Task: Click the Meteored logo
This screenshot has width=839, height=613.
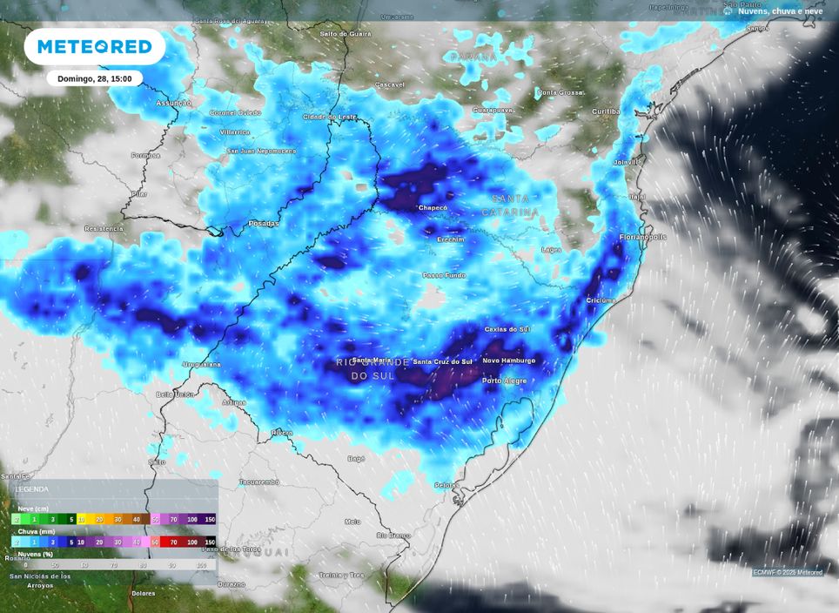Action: click(x=94, y=47)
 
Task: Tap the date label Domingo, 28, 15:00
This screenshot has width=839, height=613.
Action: click(x=94, y=78)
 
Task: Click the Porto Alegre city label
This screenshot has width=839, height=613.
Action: click(x=504, y=381)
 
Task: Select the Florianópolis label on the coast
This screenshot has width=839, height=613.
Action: click(x=643, y=236)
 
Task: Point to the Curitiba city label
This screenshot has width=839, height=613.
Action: click(x=606, y=111)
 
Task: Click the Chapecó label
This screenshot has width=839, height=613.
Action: click(x=433, y=208)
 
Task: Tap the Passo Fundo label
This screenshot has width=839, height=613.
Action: click(x=444, y=275)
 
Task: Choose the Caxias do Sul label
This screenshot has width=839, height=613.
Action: click(x=507, y=329)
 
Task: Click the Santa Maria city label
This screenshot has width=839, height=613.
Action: click(x=372, y=360)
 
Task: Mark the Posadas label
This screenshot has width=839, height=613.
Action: click(x=264, y=224)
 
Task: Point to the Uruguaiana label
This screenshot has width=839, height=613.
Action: click(x=201, y=364)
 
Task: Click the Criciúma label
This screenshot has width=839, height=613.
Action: click(x=601, y=300)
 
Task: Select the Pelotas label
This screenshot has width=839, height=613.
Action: click(x=446, y=484)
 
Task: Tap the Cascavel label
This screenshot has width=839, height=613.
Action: click(x=389, y=84)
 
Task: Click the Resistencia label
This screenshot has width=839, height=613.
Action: click(x=104, y=228)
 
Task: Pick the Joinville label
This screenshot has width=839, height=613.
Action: click(x=626, y=162)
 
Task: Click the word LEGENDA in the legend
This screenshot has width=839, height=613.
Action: click(x=33, y=489)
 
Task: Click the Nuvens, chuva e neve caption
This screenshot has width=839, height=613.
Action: click(x=780, y=11)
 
